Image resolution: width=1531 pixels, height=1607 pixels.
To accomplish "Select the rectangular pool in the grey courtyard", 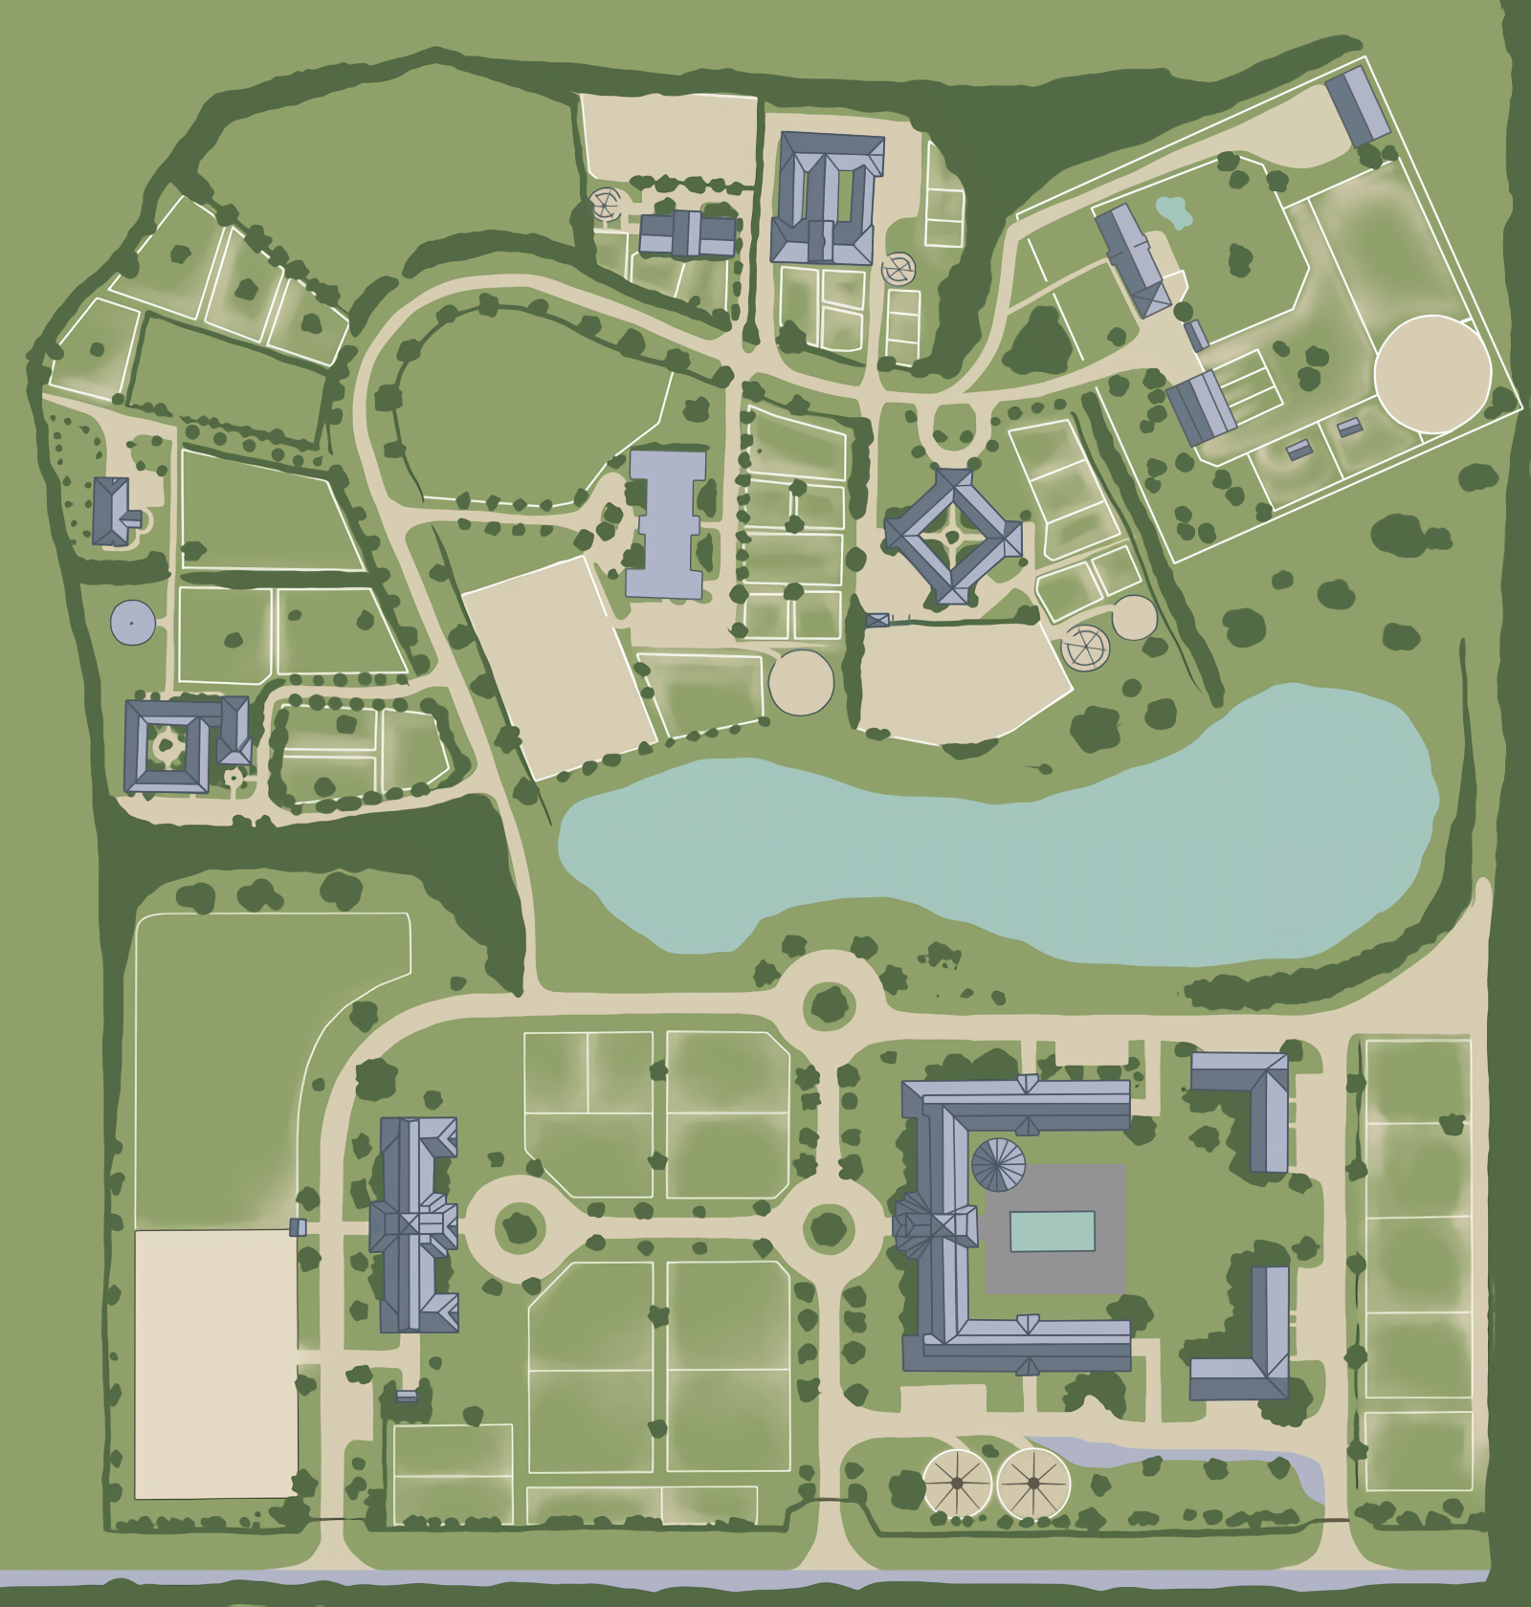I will coord(1052,1231).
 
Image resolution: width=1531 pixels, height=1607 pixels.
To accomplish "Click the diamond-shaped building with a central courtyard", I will coord(953,537).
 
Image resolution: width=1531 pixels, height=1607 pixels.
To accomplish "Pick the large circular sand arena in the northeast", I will coord(1431,373).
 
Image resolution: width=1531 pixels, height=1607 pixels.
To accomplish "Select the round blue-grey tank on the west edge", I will coord(132,622).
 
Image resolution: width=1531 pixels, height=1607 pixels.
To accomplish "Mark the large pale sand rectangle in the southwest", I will coord(215,1363).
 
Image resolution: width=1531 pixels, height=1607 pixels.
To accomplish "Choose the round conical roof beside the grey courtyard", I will coord(998,1165).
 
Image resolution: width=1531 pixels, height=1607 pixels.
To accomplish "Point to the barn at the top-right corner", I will coord(1357,105).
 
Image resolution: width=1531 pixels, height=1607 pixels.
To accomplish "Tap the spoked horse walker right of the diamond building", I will coord(1085,646).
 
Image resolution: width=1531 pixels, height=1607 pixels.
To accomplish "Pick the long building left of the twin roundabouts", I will coord(418,1224).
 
